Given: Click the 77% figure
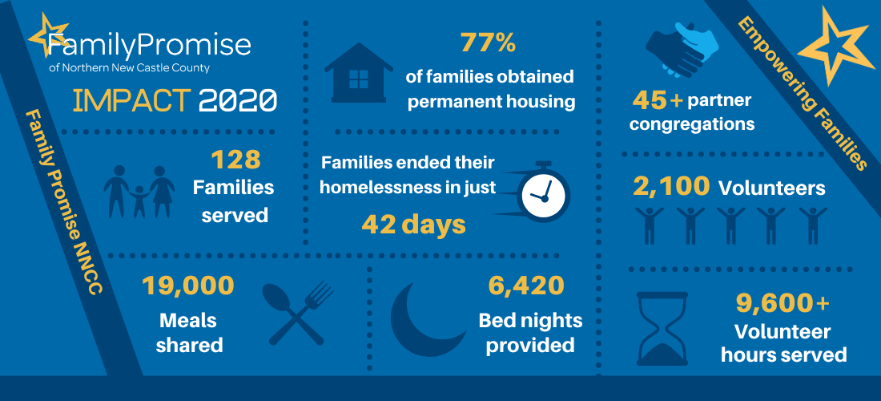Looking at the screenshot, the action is (488, 43).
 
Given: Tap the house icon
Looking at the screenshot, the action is (359, 72).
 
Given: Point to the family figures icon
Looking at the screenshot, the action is (139, 192).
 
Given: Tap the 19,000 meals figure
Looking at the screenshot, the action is (187, 286).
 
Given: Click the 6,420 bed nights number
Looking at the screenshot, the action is (526, 286).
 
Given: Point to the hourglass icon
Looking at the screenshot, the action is (662, 329).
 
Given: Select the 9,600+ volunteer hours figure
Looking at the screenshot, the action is (782, 304).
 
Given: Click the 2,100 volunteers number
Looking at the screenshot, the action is (671, 187).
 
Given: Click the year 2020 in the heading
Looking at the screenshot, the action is (238, 101).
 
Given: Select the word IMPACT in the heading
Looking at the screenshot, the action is (132, 101).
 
